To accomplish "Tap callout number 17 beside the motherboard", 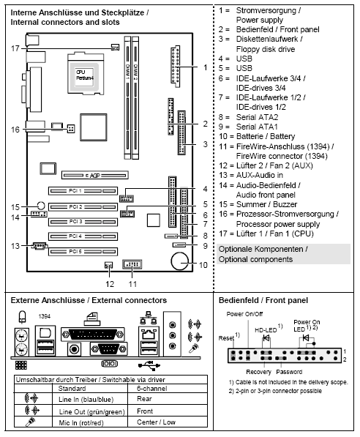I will click(15, 48).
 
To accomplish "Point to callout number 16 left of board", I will click(15, 129).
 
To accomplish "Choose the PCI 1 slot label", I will click(74, 192).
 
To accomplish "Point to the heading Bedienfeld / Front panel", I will click(263, 300).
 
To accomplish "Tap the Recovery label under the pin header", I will click(260, 372).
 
